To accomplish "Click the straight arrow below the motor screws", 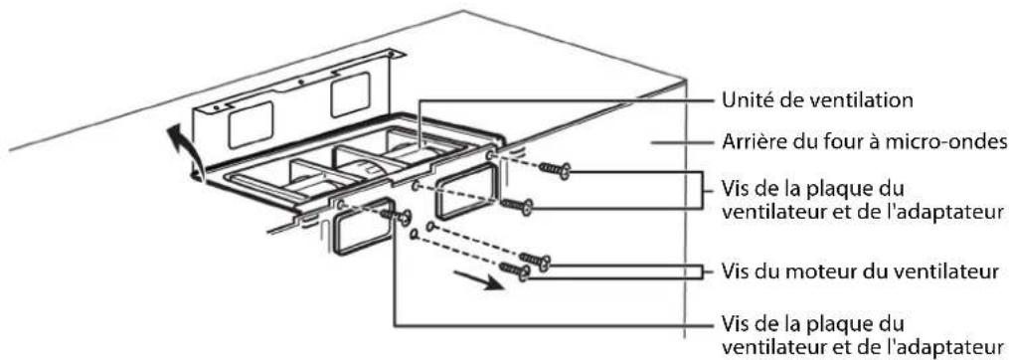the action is (477, 281).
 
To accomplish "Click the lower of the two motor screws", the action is (514, 270).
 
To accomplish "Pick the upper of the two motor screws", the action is (534, 261).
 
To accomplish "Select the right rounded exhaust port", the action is (465, 191).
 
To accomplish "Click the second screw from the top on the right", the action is (516, 206).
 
